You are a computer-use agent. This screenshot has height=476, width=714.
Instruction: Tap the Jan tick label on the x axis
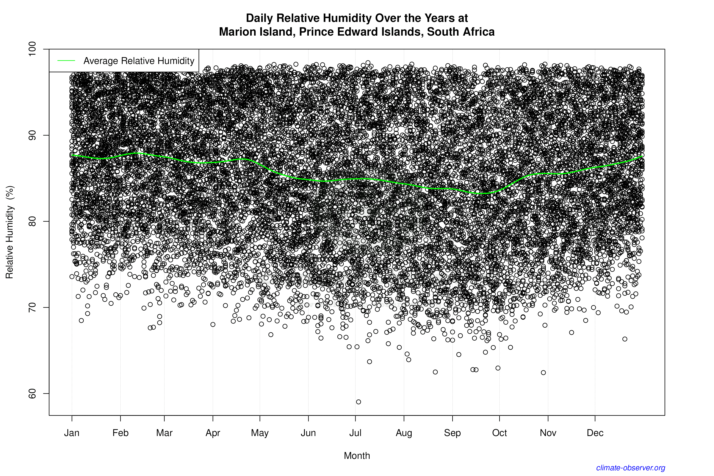click(72, 433)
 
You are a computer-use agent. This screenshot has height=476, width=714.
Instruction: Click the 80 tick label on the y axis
click(32, 221)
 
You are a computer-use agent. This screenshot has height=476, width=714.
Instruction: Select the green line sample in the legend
click(66, 61)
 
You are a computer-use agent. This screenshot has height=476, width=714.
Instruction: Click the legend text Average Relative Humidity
click(139, 61)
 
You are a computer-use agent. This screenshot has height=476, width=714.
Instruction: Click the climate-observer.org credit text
click(631, 468)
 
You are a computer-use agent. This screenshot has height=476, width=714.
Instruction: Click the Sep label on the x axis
click(452, 433)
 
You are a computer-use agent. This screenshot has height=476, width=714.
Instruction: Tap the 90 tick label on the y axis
click(32, 135)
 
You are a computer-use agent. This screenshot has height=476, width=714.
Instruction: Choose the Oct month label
click(499, 433)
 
